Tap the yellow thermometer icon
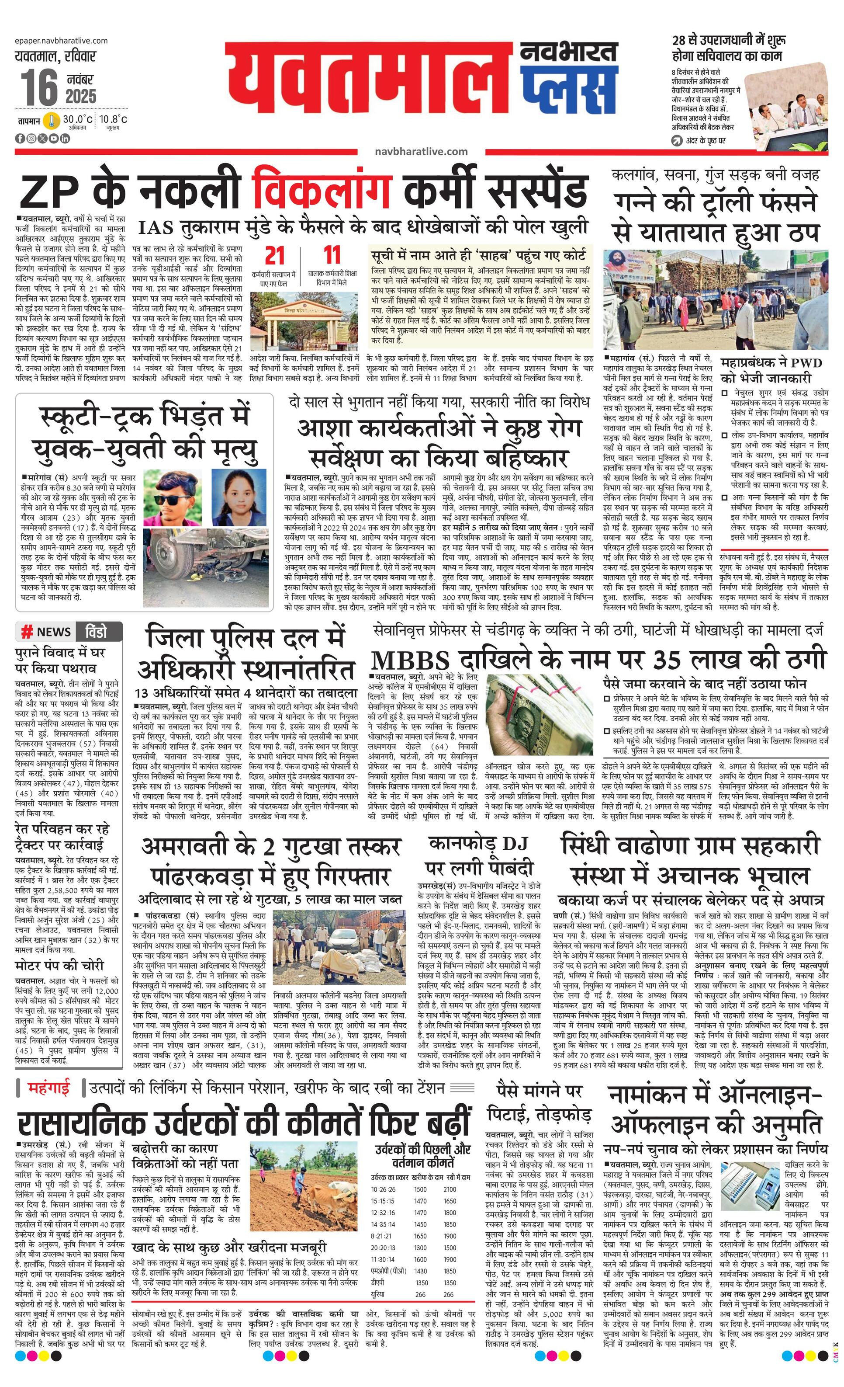(x=52, y=121)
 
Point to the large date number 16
(x=39, y=88)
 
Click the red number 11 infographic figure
(x=332, y=255)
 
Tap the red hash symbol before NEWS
(x=26, y=632)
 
